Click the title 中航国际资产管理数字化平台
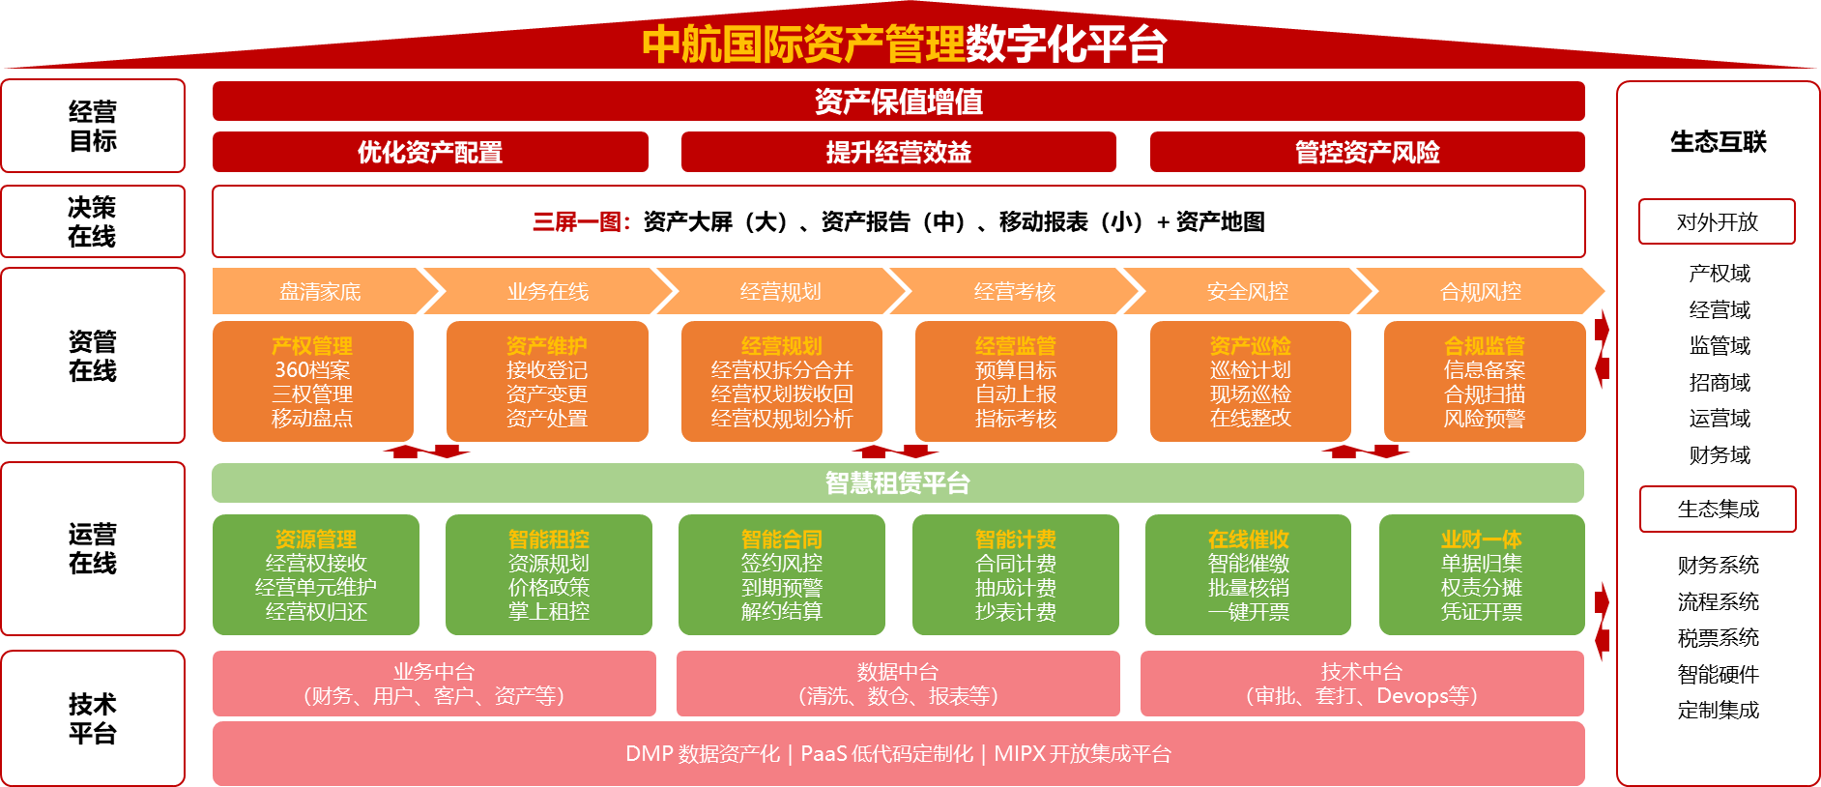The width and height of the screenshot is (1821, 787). pos(904,44)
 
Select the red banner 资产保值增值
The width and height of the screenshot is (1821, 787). pos(898,102)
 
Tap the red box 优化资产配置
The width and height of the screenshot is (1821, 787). pos(430,153)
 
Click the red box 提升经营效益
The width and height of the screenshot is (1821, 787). pos(898,153)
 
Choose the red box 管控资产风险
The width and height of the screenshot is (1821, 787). pos(1367,153)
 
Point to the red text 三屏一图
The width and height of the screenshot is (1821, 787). pos(581,222)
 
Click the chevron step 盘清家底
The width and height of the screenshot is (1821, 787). pos(320,292)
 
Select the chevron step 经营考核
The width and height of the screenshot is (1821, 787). pos(1014,292)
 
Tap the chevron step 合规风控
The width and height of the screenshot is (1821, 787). pos(1480,292)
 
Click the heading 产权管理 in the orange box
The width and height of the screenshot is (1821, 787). pos(312,345)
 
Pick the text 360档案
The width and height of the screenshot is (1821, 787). pos(312,370)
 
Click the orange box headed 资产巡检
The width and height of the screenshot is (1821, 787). pos(1250,382)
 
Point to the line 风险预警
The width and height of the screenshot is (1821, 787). pos(1484,419)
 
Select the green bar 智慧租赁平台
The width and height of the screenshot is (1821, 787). pos(898,483)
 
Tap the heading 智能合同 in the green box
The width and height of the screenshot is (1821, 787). pos(781,539)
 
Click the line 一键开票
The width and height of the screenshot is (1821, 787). pos(1248,612)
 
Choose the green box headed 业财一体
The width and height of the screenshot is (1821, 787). pos(1481,575)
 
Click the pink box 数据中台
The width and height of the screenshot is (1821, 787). pos(898,684)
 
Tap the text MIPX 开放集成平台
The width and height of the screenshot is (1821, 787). pos(1083,754)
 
